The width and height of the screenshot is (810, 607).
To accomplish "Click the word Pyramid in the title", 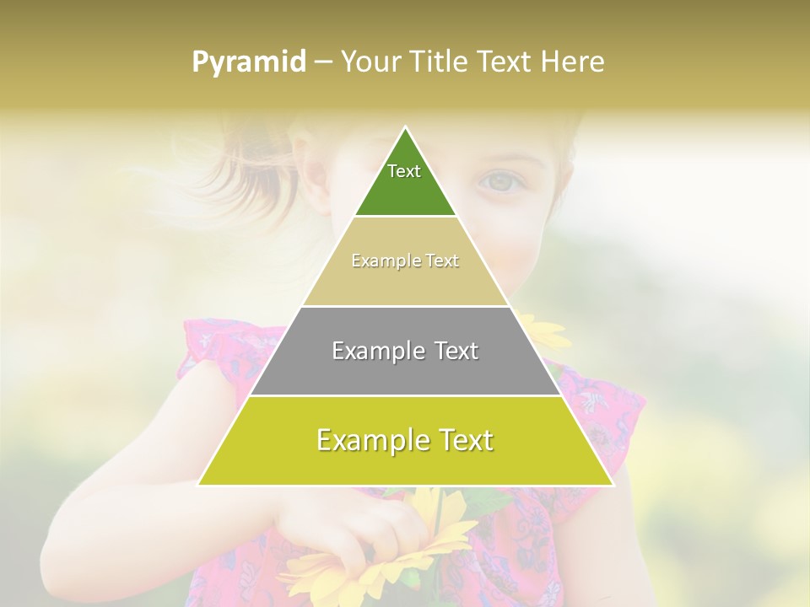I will click(x=249, y=62).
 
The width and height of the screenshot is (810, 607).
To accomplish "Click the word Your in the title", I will click(x=368, y=62).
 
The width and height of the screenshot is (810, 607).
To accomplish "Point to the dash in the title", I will click(x=323, y=62).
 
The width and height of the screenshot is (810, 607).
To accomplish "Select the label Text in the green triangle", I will click(x=404, y=171).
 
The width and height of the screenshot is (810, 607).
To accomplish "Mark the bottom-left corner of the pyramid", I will click(x=199, y=485).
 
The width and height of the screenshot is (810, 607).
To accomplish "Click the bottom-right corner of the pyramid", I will click(x=613, y=485).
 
